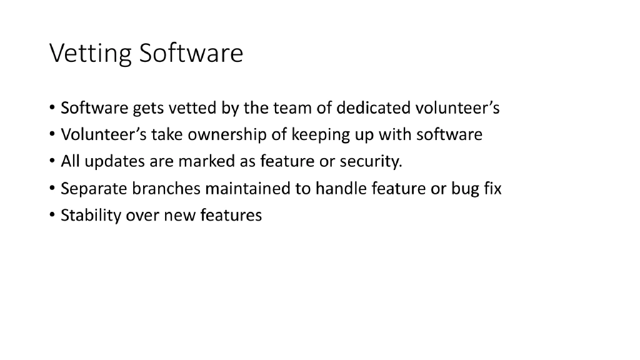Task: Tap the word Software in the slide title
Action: (191, 54)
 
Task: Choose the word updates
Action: (115, 162)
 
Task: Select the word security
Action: (371, 162)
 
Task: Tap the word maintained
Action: (247, 189)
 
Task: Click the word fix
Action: (492, 189)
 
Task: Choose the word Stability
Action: (91, 216)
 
